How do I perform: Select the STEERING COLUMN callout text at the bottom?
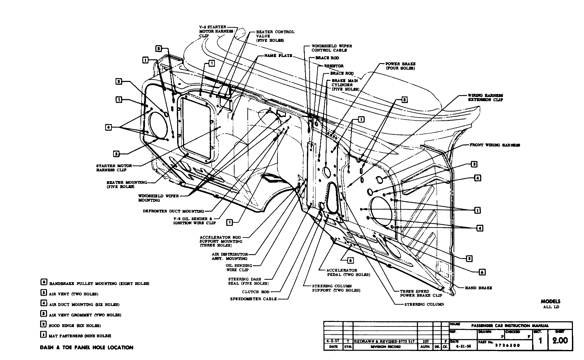point(424,304)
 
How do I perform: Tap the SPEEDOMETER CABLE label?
point(254,299)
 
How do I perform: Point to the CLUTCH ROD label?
point(256,292)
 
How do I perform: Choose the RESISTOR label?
point(334,66)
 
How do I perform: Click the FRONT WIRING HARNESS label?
point(494,145)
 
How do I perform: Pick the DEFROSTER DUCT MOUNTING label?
point(173,211)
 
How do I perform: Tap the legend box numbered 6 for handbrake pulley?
point(44,282)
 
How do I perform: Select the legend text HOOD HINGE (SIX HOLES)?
point(75,326)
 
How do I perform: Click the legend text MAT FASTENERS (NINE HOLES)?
point(80,336)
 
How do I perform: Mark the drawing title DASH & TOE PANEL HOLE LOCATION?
point(86,348)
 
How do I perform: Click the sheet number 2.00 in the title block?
point(560,341)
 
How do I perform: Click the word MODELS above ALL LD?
point(550,302)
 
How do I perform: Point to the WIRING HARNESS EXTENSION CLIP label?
point(485,98)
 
